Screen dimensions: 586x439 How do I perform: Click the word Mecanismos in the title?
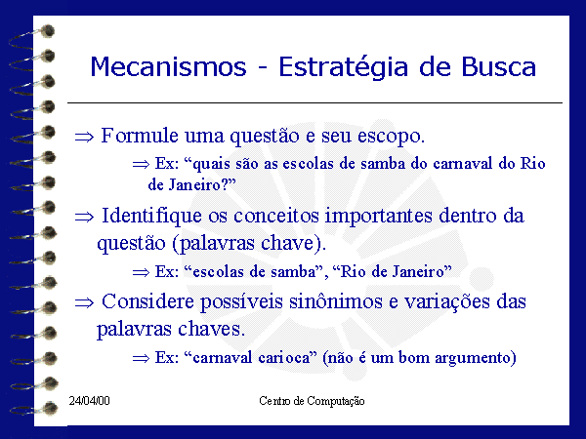point(169,66)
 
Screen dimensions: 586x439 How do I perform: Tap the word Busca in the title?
point(498,66)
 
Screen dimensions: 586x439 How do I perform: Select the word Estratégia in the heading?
point(344,68)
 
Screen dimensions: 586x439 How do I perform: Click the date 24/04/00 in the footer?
point(89,401)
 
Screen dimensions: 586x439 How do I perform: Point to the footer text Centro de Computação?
point(312,401)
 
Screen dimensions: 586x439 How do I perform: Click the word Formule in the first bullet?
point(140,136)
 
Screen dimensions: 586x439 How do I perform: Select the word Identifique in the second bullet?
point(152,217)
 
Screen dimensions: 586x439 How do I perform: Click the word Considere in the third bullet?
point(147,301)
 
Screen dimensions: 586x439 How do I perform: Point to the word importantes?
point(379,217)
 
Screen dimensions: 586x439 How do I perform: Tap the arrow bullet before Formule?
point(84,137)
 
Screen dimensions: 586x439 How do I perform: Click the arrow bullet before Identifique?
point(84,217)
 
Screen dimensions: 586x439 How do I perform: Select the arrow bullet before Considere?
point(84,302)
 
